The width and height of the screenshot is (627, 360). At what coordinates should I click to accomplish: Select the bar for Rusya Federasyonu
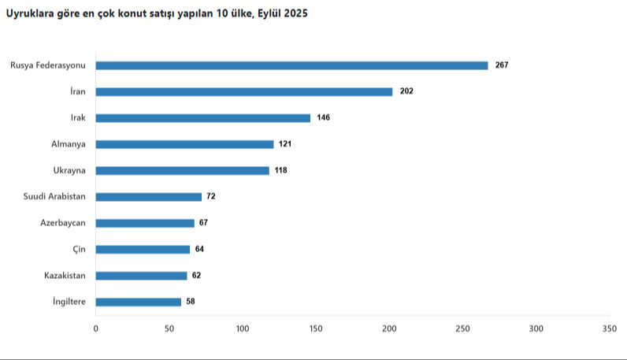291,65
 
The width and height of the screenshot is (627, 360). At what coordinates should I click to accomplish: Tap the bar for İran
244,91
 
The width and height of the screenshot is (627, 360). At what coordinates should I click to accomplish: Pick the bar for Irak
203,118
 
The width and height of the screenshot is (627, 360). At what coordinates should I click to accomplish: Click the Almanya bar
184,144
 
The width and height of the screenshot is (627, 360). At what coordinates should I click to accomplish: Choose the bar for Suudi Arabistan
149,197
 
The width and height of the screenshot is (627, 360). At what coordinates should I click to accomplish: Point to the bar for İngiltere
139,302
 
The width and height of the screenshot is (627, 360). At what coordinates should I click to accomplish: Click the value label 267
502,65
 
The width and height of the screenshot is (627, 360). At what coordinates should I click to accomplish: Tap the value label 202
406,91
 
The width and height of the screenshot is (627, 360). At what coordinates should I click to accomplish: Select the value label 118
280,170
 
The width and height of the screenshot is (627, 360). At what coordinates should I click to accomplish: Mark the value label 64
200,249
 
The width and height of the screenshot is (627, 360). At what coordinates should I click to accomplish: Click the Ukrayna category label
69,170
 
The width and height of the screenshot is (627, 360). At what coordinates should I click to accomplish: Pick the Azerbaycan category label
63,223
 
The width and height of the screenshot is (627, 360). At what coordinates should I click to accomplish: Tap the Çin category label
79,249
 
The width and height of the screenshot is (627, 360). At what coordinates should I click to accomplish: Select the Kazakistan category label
65,276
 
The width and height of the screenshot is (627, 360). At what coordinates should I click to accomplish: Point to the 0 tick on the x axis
96,328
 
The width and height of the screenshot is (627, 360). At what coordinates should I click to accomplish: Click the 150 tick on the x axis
316,328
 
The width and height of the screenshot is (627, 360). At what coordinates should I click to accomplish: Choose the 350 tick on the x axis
609,328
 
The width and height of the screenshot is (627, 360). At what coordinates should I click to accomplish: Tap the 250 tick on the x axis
462,328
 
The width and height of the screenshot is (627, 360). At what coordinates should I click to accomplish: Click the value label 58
191,302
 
